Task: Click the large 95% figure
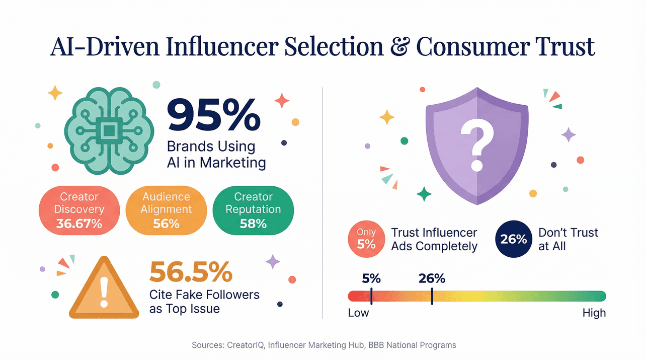pyautogui.click(x=213, y=115)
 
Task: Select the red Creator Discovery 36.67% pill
pyautogui.click(x=79, y=210)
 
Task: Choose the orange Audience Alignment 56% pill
pyautogui.click(x=166, y=210)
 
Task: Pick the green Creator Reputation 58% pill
pyautogui.click(x=253, y=210)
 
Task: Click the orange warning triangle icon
pyautogui.click(x=104, y=290)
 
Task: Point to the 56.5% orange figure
pyautogui.click(x=191, y=272)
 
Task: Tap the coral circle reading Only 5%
pyautogui.click(x=366, y=239)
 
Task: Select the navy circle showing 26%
pyautogui.click(x=513, y=239)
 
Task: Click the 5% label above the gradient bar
pyautogui.click(x=371, y=278)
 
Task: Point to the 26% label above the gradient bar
pyautogui.click(x=432, y=278)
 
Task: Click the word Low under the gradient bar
pyautogui.click(x=358, y=313)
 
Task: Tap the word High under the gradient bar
pyautogui.click(x=594, y=313)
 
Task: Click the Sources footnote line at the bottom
pyautogui.click(x=324, y=345)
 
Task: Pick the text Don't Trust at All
pyautogui.click(x=568, y=239)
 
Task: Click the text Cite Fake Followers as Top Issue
pyautogui.click(x=204, y=301)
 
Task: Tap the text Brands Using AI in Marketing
pyautogui.click(x=216, y=155)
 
